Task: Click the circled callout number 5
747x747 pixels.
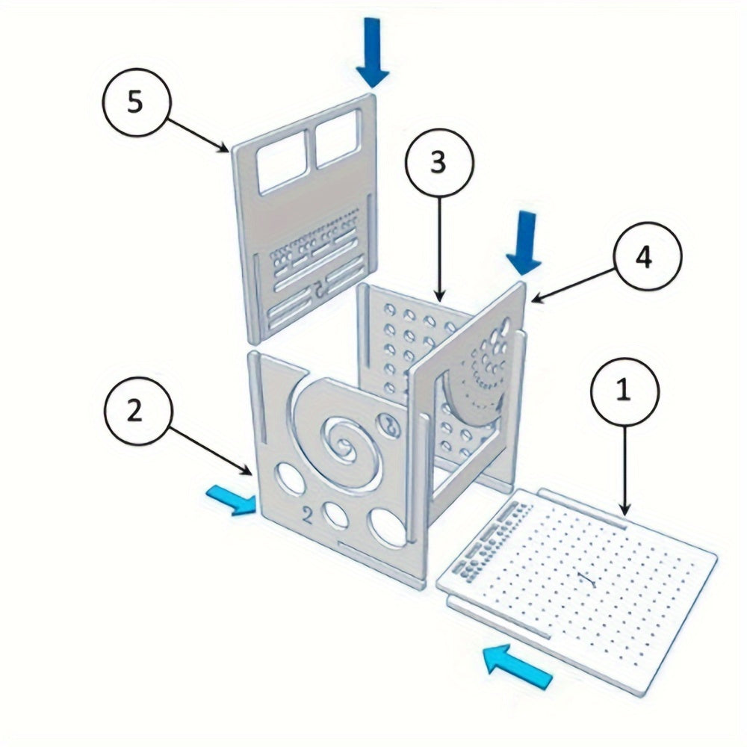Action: point(134,102)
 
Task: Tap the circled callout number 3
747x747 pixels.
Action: point(438,164)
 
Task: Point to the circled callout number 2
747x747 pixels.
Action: point(134,412)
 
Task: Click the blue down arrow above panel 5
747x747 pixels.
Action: point(373,52)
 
